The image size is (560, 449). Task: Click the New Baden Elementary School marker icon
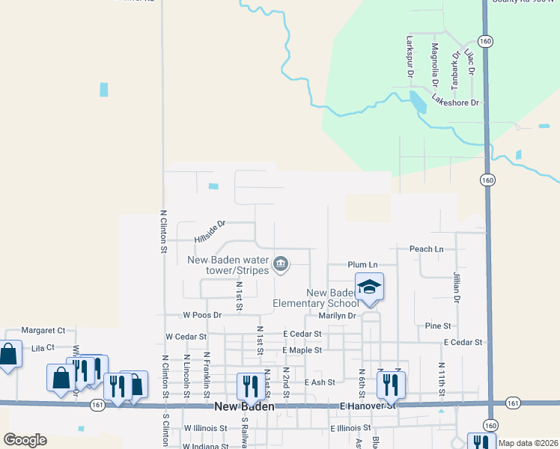point(369,287)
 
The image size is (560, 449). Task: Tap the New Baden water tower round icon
point(281,263)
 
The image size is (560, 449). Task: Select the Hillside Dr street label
point(210,232)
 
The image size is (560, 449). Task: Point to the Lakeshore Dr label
point(454,103)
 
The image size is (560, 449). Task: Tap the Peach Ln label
point(426,248)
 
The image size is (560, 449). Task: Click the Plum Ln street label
point(362,265)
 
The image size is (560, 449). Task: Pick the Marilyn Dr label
point(335,315)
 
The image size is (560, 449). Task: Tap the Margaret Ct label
point(43,330)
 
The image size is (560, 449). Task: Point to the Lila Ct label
point(43,347)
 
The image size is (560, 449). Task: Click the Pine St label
point(438,326)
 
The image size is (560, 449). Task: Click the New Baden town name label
point(244,407)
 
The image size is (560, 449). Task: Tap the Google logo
point(25,440)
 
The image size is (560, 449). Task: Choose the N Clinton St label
point(162,232)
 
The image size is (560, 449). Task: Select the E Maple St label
point(302,350)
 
